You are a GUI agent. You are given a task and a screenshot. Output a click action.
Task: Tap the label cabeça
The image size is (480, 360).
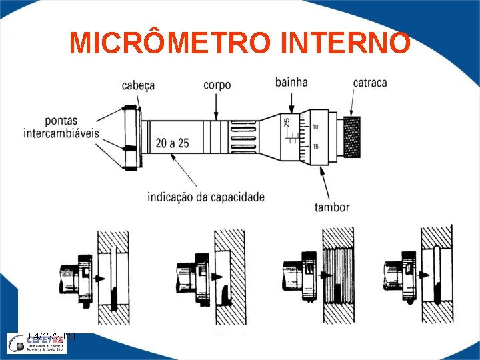[138, 85]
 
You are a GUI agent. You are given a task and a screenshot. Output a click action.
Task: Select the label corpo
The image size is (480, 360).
[217, 85]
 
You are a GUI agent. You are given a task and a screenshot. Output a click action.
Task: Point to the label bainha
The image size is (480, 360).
[291, 82]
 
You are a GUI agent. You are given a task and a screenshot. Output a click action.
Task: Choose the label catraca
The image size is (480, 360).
[370, 83]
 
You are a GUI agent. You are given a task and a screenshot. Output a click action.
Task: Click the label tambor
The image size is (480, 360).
[333, 207]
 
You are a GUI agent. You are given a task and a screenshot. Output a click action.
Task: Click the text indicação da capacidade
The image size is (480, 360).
[205, 197]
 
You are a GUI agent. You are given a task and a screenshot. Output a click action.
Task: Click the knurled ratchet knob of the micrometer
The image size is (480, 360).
[351, 137]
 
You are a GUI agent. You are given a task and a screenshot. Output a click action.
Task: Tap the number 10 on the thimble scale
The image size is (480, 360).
[315, 127]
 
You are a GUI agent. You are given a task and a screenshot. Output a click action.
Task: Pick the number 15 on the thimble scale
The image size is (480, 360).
[315, 147]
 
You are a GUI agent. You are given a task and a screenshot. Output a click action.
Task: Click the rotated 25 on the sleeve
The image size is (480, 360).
[287, 123]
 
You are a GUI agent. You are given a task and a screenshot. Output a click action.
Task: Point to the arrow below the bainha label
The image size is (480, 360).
[291, 101]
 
